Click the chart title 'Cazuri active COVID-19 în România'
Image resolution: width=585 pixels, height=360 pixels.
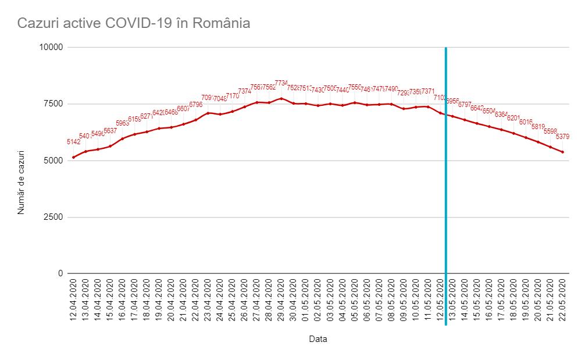point(134,24)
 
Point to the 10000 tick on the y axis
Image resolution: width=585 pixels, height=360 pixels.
point(52,47)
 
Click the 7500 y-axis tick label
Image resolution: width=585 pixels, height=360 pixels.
point(53,104)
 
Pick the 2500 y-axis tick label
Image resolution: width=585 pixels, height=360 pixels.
point(53,217)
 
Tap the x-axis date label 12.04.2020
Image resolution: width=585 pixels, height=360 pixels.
point(73,302)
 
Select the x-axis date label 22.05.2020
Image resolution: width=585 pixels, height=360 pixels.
point(562,302)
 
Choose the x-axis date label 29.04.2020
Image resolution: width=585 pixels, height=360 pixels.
point(281,302)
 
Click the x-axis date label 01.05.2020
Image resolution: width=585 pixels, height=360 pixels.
point(305,302)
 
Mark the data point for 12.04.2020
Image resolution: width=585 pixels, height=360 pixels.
point(73,157)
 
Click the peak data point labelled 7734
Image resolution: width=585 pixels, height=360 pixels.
point(281,98)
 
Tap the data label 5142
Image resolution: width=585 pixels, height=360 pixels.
point(74,142)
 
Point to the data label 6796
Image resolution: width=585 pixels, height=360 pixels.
point(196,105)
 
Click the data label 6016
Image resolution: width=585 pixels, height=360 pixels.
point(526,122)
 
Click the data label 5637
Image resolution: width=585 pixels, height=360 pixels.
point(110,131)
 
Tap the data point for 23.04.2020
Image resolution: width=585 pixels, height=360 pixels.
point(208,112)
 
